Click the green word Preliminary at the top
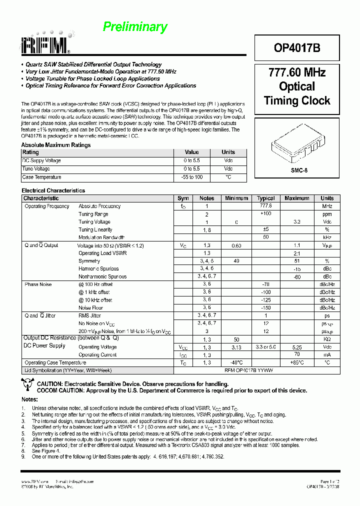[135, 27]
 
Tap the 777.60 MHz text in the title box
[297, 72]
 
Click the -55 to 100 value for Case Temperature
[191, 177]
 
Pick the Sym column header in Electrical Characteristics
[183, 198]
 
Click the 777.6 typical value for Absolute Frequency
[266, 206]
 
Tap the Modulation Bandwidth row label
[101, 237]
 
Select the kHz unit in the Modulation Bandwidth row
[327, 237]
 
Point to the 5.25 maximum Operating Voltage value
[297, 346]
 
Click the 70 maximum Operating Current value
[297, 354]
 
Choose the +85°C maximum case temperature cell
[297, 362]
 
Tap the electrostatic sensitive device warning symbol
[27, 384]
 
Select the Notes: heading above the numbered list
[29, 399]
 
